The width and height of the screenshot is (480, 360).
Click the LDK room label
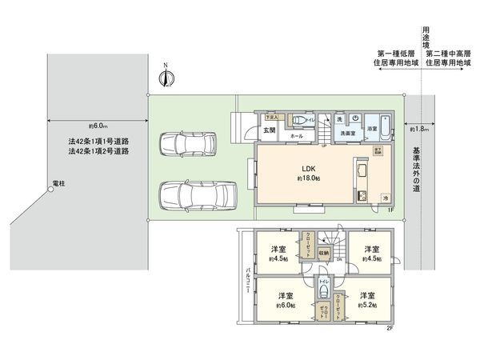pos(306,169)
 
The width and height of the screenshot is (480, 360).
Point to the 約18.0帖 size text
pos(306,179)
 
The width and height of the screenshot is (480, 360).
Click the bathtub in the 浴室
pos(385,129)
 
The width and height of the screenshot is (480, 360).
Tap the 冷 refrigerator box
pos(385,197)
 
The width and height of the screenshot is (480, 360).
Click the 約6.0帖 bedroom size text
pos(286,306)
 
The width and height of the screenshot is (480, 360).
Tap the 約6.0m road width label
pos(98,126)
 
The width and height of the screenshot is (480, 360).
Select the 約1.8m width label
pos(418,129)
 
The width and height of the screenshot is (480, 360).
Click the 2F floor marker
pos(390,327)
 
